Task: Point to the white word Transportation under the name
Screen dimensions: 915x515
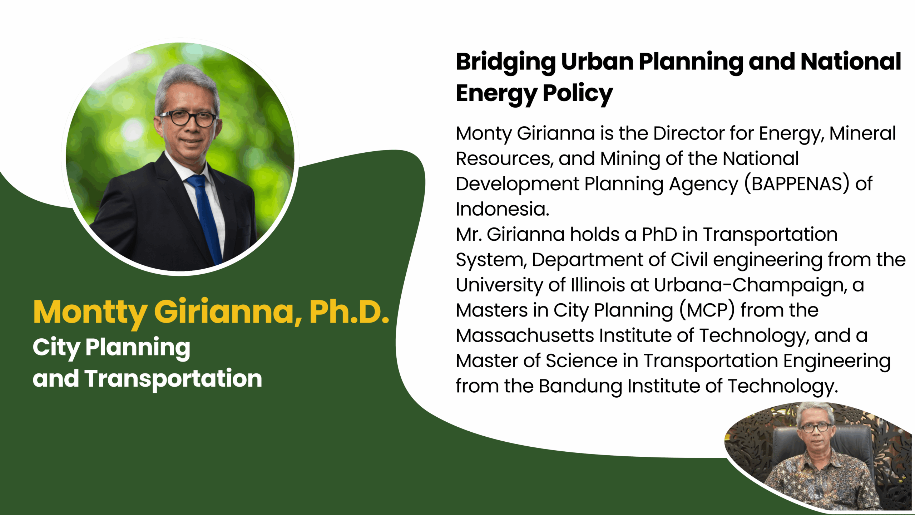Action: coord(173,379)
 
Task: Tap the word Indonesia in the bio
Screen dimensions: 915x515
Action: coord(502,209)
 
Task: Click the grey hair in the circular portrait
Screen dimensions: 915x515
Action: coord(186,84)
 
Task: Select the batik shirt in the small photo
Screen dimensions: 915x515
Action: coord(822,481)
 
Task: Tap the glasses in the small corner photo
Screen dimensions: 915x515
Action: coord(816,427)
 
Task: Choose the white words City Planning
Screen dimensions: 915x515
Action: coord(111,348)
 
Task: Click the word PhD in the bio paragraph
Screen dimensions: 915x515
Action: coord(659,235)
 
